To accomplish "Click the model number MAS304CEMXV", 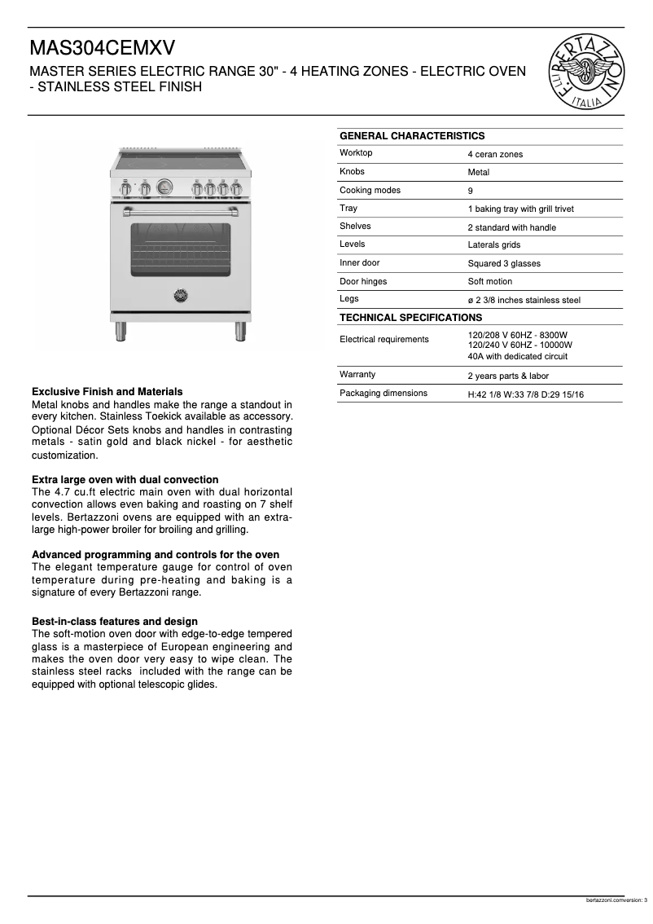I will pos(103,48).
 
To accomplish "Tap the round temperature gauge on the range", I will pos(164,187).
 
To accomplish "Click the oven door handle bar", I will pos(181,213).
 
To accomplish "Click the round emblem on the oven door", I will pos(181,295).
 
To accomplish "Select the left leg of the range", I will pos(121,330).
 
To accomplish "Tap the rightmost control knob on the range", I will pos(236,189).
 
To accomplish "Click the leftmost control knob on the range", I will pos(125,189).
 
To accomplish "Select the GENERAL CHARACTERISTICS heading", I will pos(411,136).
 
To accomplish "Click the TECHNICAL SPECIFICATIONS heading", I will pos(410,318).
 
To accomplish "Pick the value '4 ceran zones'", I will pos(495,154).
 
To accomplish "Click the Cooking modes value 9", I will pos(471,191).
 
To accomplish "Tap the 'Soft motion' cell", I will pos(490,281).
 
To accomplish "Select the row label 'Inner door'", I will pos(359,262).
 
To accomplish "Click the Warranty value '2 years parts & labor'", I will pos(508,376).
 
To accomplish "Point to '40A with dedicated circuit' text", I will pos(517,356).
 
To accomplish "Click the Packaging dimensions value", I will pos(525,394).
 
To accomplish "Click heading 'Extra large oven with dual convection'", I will pos(125,479).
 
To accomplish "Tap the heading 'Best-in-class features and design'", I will pos(114,621).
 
